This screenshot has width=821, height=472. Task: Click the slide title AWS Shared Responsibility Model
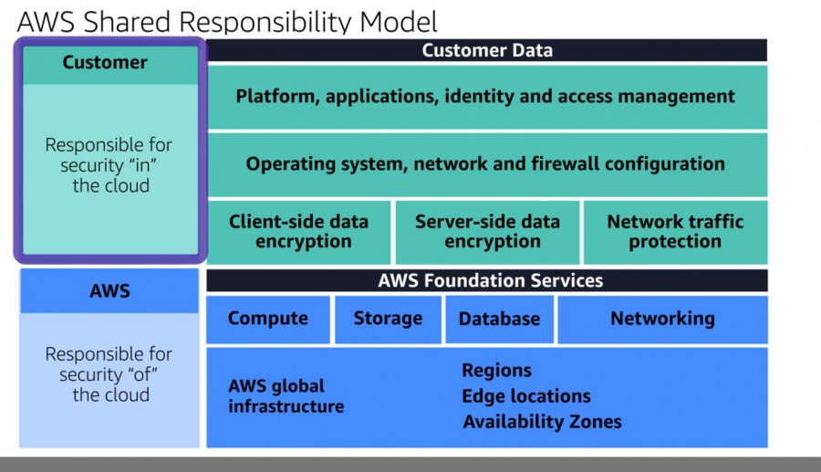227,20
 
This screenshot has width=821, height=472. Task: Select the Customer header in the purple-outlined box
105,63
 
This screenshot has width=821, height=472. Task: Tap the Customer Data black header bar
486,50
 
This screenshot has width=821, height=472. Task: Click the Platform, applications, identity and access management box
486,97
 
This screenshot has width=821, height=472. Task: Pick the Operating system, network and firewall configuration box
486,164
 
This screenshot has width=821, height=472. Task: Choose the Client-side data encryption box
298,232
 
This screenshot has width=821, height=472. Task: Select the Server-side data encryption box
486,232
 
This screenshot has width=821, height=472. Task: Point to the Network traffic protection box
675,232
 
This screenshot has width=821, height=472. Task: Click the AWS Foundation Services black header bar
486,280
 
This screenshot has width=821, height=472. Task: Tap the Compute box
267,319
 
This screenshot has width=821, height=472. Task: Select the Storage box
388,319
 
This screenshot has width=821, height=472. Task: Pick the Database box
499,319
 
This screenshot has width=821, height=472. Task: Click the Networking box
662,319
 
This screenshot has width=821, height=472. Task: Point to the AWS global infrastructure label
286,396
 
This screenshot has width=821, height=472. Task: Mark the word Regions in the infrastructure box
496,371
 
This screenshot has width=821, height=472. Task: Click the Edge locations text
526,396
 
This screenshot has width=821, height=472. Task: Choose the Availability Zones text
542,422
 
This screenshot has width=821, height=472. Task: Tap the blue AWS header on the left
109,292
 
